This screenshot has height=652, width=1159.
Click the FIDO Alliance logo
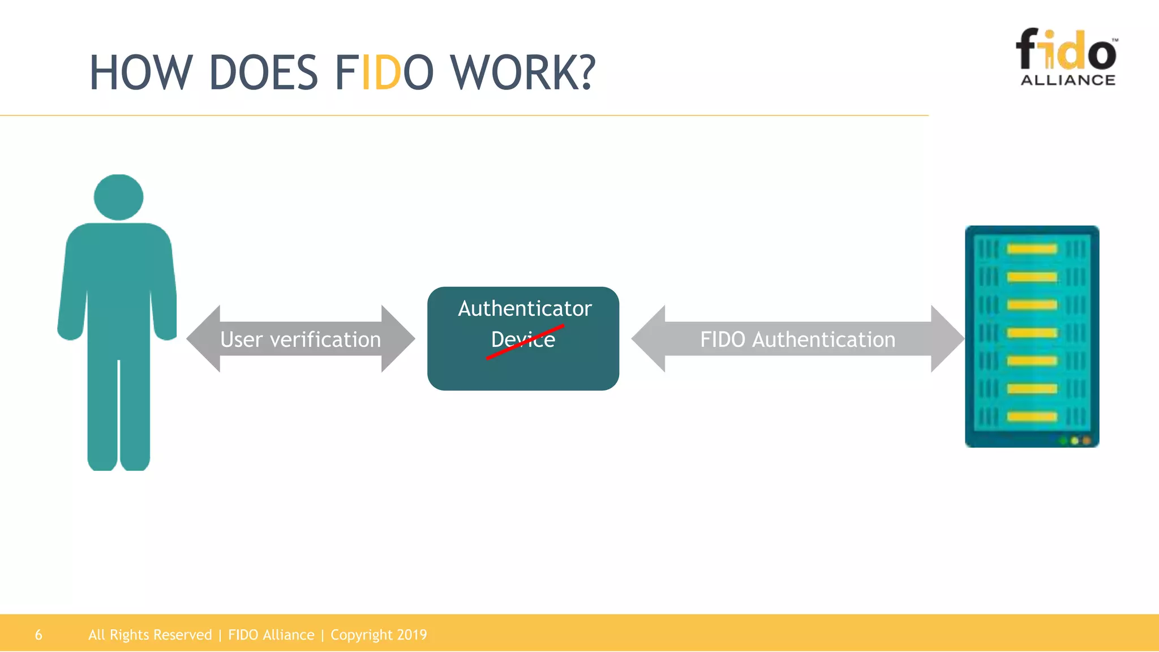pos(1067,57)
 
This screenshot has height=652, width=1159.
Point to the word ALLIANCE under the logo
pos(1068,80)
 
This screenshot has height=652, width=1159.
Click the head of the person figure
pos(118,197)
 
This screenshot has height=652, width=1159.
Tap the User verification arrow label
pos(301,340)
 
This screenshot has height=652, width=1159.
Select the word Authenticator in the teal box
pos(525,308)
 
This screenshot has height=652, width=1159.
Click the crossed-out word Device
pos(523,340)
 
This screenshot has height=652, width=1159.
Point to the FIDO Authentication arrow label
pos(797,340)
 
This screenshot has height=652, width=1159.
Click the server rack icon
pos(1032,336)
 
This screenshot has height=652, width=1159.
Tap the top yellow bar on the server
pos(1032,249)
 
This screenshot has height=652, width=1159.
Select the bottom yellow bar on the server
pos(1032,417)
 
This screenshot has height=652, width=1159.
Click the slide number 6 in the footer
pos(38,634)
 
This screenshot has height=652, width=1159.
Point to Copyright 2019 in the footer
pos(379,634)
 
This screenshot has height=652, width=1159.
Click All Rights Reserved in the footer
pos(150,634)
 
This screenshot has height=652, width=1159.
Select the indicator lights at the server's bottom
pos(1074,440)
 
